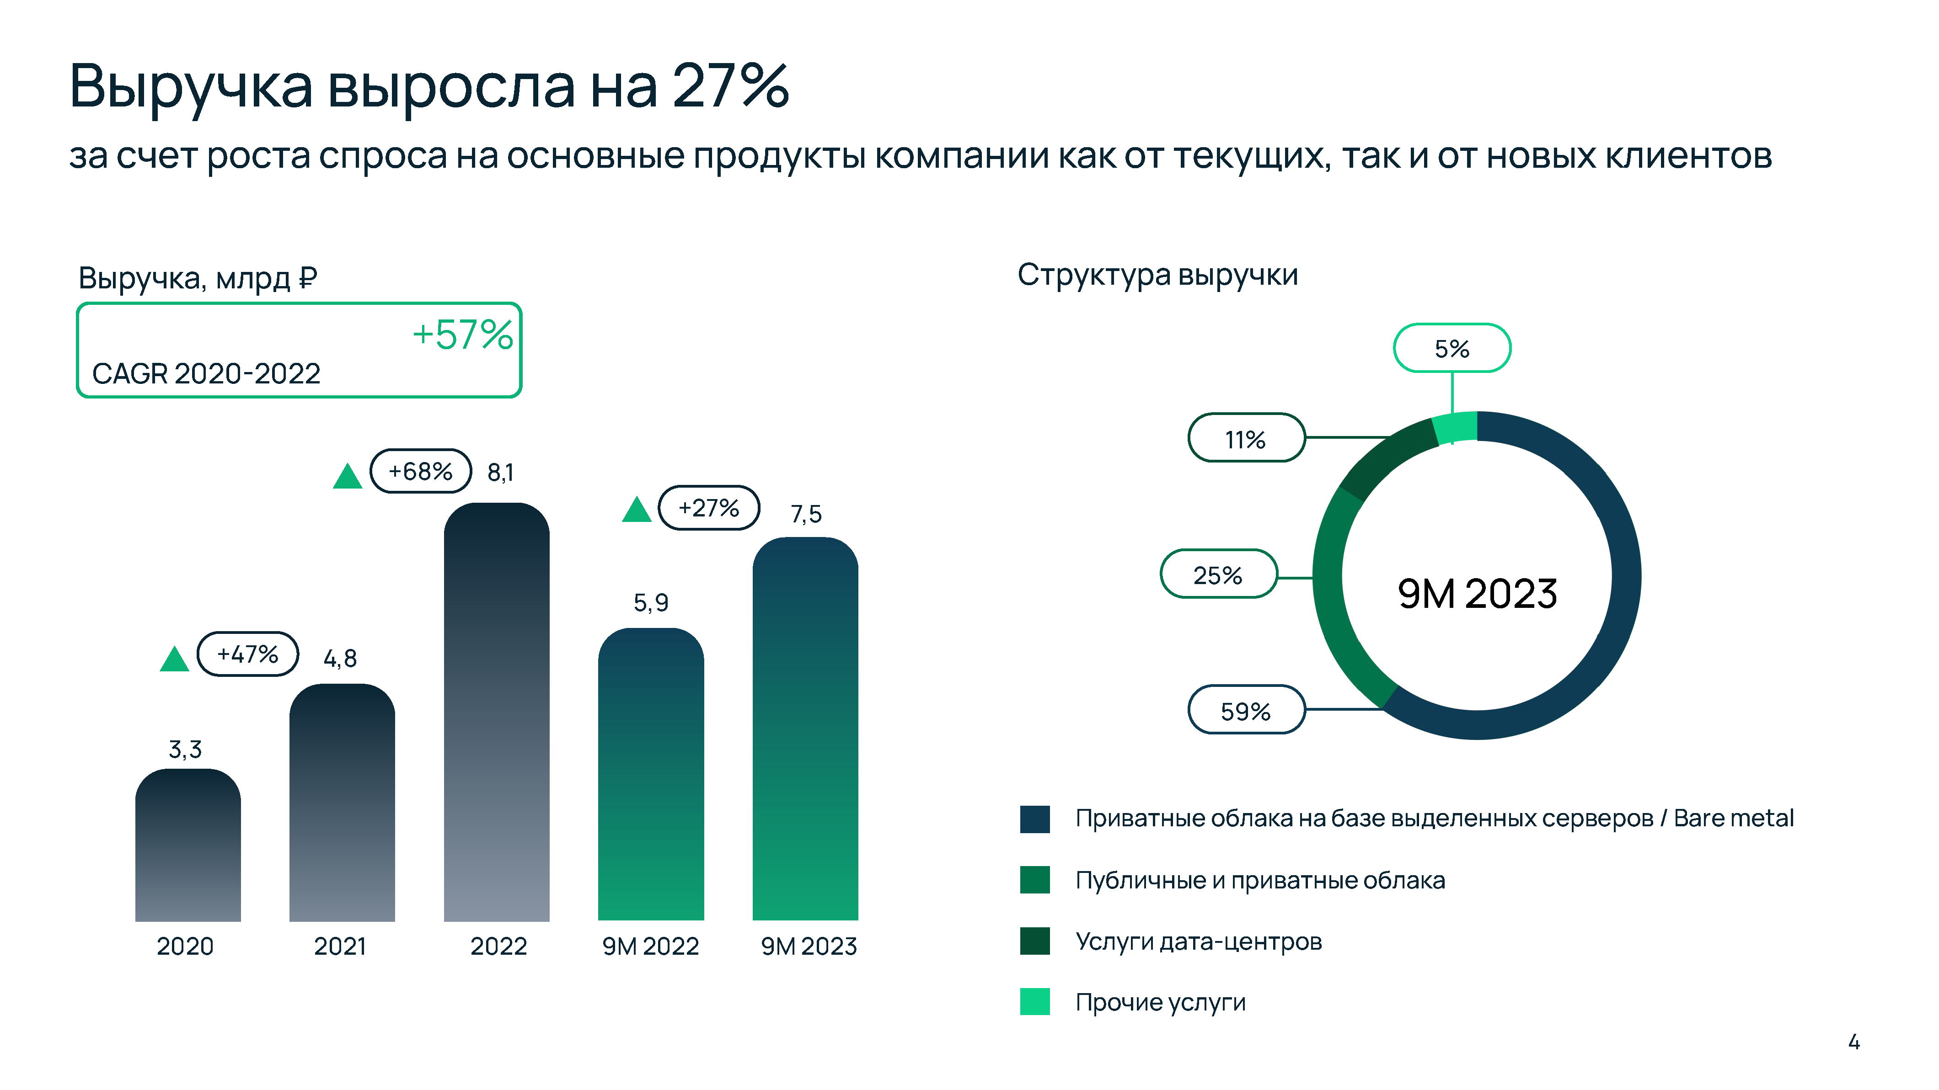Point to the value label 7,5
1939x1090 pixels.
805,515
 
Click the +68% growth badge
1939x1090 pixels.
420,472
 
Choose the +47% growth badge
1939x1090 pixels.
248,654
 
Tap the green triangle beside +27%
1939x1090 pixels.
636,510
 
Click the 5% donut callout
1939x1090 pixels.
1451,348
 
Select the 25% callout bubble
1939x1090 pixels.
1218,575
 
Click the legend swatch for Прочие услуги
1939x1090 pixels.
1034,1002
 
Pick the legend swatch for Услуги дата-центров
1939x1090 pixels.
1034,941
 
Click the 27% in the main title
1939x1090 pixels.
730,86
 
